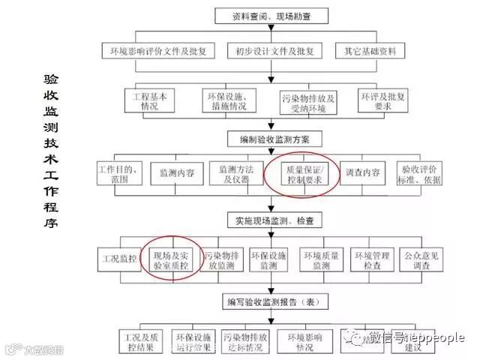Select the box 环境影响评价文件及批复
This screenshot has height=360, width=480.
click(x=158, y=51)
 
